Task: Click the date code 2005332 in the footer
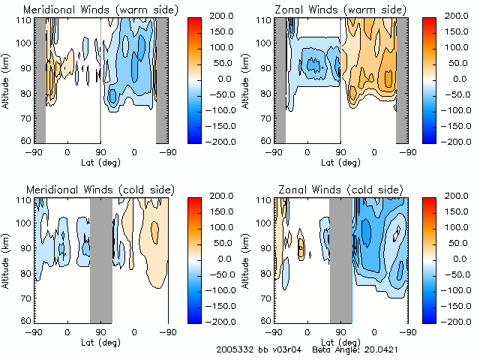point(234,349)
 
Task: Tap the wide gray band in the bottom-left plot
point(100,259)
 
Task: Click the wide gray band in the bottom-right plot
point(340,259)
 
